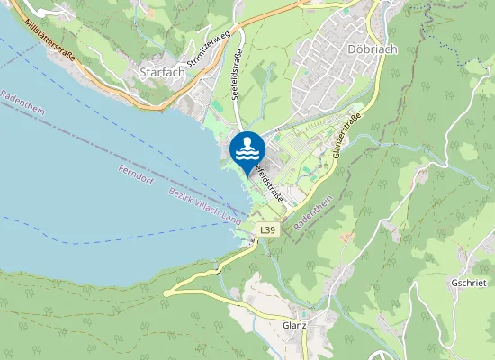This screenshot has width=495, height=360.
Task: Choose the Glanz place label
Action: coord(294,326)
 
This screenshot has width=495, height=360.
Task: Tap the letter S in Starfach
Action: coord(144,70)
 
